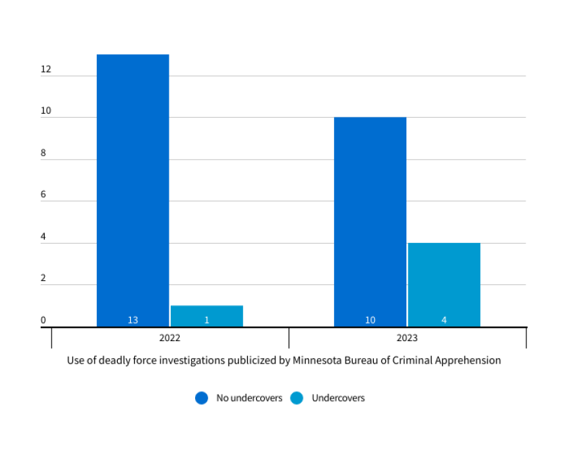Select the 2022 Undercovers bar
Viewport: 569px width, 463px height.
tap(207, 315)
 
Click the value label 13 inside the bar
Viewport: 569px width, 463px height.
tap(133, 320)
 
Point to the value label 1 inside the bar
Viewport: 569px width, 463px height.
tap(207, 320)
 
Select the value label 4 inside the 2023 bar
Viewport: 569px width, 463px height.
tap(444, 320)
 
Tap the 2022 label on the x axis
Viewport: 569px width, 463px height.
tap(170, 338)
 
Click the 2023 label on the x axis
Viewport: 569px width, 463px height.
tap(407, 338)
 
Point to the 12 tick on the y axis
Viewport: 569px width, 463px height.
tap(45, 69)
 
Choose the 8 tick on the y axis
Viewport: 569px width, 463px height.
tap(43, 153)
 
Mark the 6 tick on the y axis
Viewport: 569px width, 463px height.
tap(43, 195)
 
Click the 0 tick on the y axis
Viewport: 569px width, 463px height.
tap(43, 320)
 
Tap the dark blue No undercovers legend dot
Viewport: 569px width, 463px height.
tap(201, 398)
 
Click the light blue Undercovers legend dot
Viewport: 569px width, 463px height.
tap(297, 398)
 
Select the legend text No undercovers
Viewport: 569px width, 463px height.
tap(249, 398)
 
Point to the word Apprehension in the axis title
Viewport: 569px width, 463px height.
tap(470, 360)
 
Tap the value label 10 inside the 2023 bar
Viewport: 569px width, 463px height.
tap(370, 320)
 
